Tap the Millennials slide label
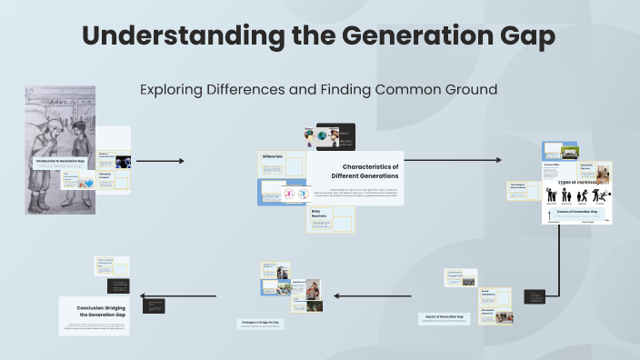click(x=273, y=157)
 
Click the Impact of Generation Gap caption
click(x=442, y=317)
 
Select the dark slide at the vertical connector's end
click(x=542, y=297)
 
